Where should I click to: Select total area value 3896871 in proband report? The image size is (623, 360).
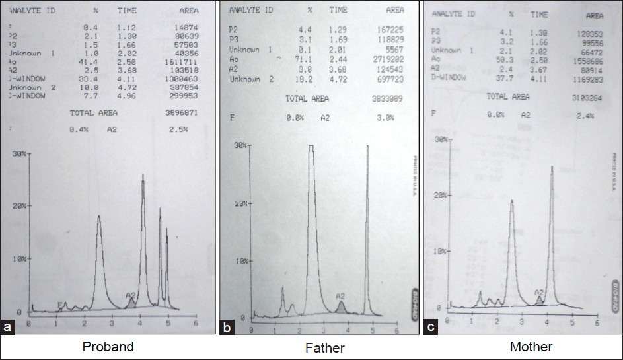(x=182, y=113)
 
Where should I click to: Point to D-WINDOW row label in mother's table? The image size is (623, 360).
(x=449, y=76)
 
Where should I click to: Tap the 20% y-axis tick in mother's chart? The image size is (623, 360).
(x=442, y=195)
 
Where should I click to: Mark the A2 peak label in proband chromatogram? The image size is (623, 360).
(x=131, y=295)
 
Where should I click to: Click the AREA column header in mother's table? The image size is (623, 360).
(x=595, y=15)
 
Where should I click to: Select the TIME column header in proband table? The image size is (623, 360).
(x=127, y=11)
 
